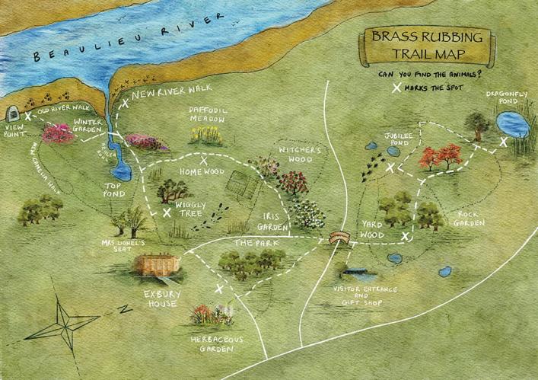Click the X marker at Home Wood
pos(203,161)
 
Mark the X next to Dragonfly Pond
pos(503,142)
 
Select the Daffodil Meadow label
pos(207,114)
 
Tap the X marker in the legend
pos(396,88)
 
